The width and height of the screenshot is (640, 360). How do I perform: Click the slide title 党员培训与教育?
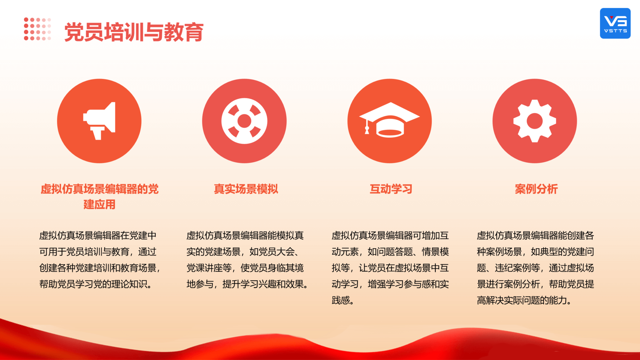(x=134, y=32)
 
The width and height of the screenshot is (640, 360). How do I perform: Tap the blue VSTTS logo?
(x=615, y=23)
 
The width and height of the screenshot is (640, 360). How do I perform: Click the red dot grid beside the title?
(x=37, y=29)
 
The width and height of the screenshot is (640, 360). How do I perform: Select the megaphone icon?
(x=99, y=121)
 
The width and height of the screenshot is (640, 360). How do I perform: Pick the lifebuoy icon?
(x=244, y=121)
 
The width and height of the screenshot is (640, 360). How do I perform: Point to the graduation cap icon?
(x=389, y=120)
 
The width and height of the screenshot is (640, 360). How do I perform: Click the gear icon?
(x=535, y=121)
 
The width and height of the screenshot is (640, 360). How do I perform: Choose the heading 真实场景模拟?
(x=246, y=189)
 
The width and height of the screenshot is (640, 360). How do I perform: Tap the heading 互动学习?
(x=391, y=189)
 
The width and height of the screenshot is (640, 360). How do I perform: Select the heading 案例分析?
(x=536, y=189)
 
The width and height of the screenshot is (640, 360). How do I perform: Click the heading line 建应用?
(x=99, y=204)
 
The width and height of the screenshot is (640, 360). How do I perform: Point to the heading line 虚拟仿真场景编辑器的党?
(x=99, y=189)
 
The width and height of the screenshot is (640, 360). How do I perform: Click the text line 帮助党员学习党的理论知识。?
(x=96, y=284)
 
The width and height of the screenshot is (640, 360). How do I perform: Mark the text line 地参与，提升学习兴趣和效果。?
(x=247, y=284)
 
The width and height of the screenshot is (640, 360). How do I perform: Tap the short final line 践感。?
(x=343, y=301)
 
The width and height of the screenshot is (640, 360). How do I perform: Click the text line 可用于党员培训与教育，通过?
(x=98, y=252)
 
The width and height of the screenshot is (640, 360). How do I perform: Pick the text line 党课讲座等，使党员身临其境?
(x=245, y=268)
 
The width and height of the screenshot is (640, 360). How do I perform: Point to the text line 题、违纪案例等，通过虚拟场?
(x=535, y=268)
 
